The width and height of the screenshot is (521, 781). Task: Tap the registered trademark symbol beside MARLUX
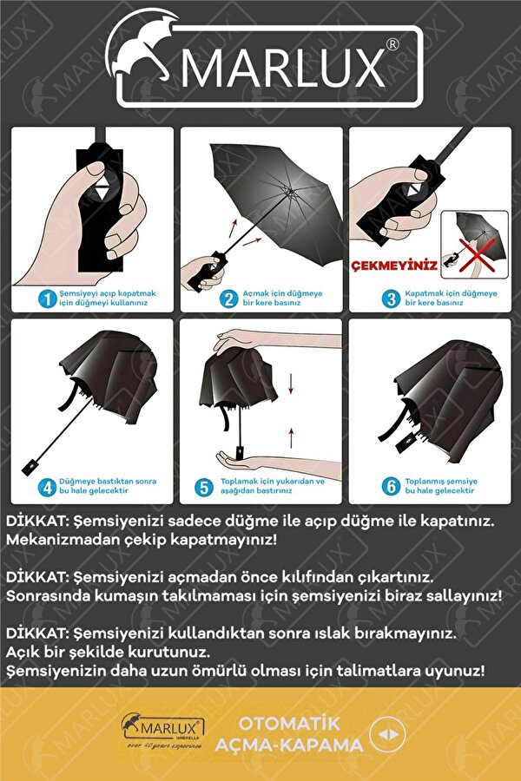(x=392, y=45)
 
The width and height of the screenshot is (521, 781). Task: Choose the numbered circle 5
(x=204, y=487)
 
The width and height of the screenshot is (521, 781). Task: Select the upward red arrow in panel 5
(x=291, y=437)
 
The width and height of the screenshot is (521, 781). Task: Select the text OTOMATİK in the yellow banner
(x=289, y=723)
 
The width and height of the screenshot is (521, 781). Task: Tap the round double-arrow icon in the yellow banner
(x=387, y=735)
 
